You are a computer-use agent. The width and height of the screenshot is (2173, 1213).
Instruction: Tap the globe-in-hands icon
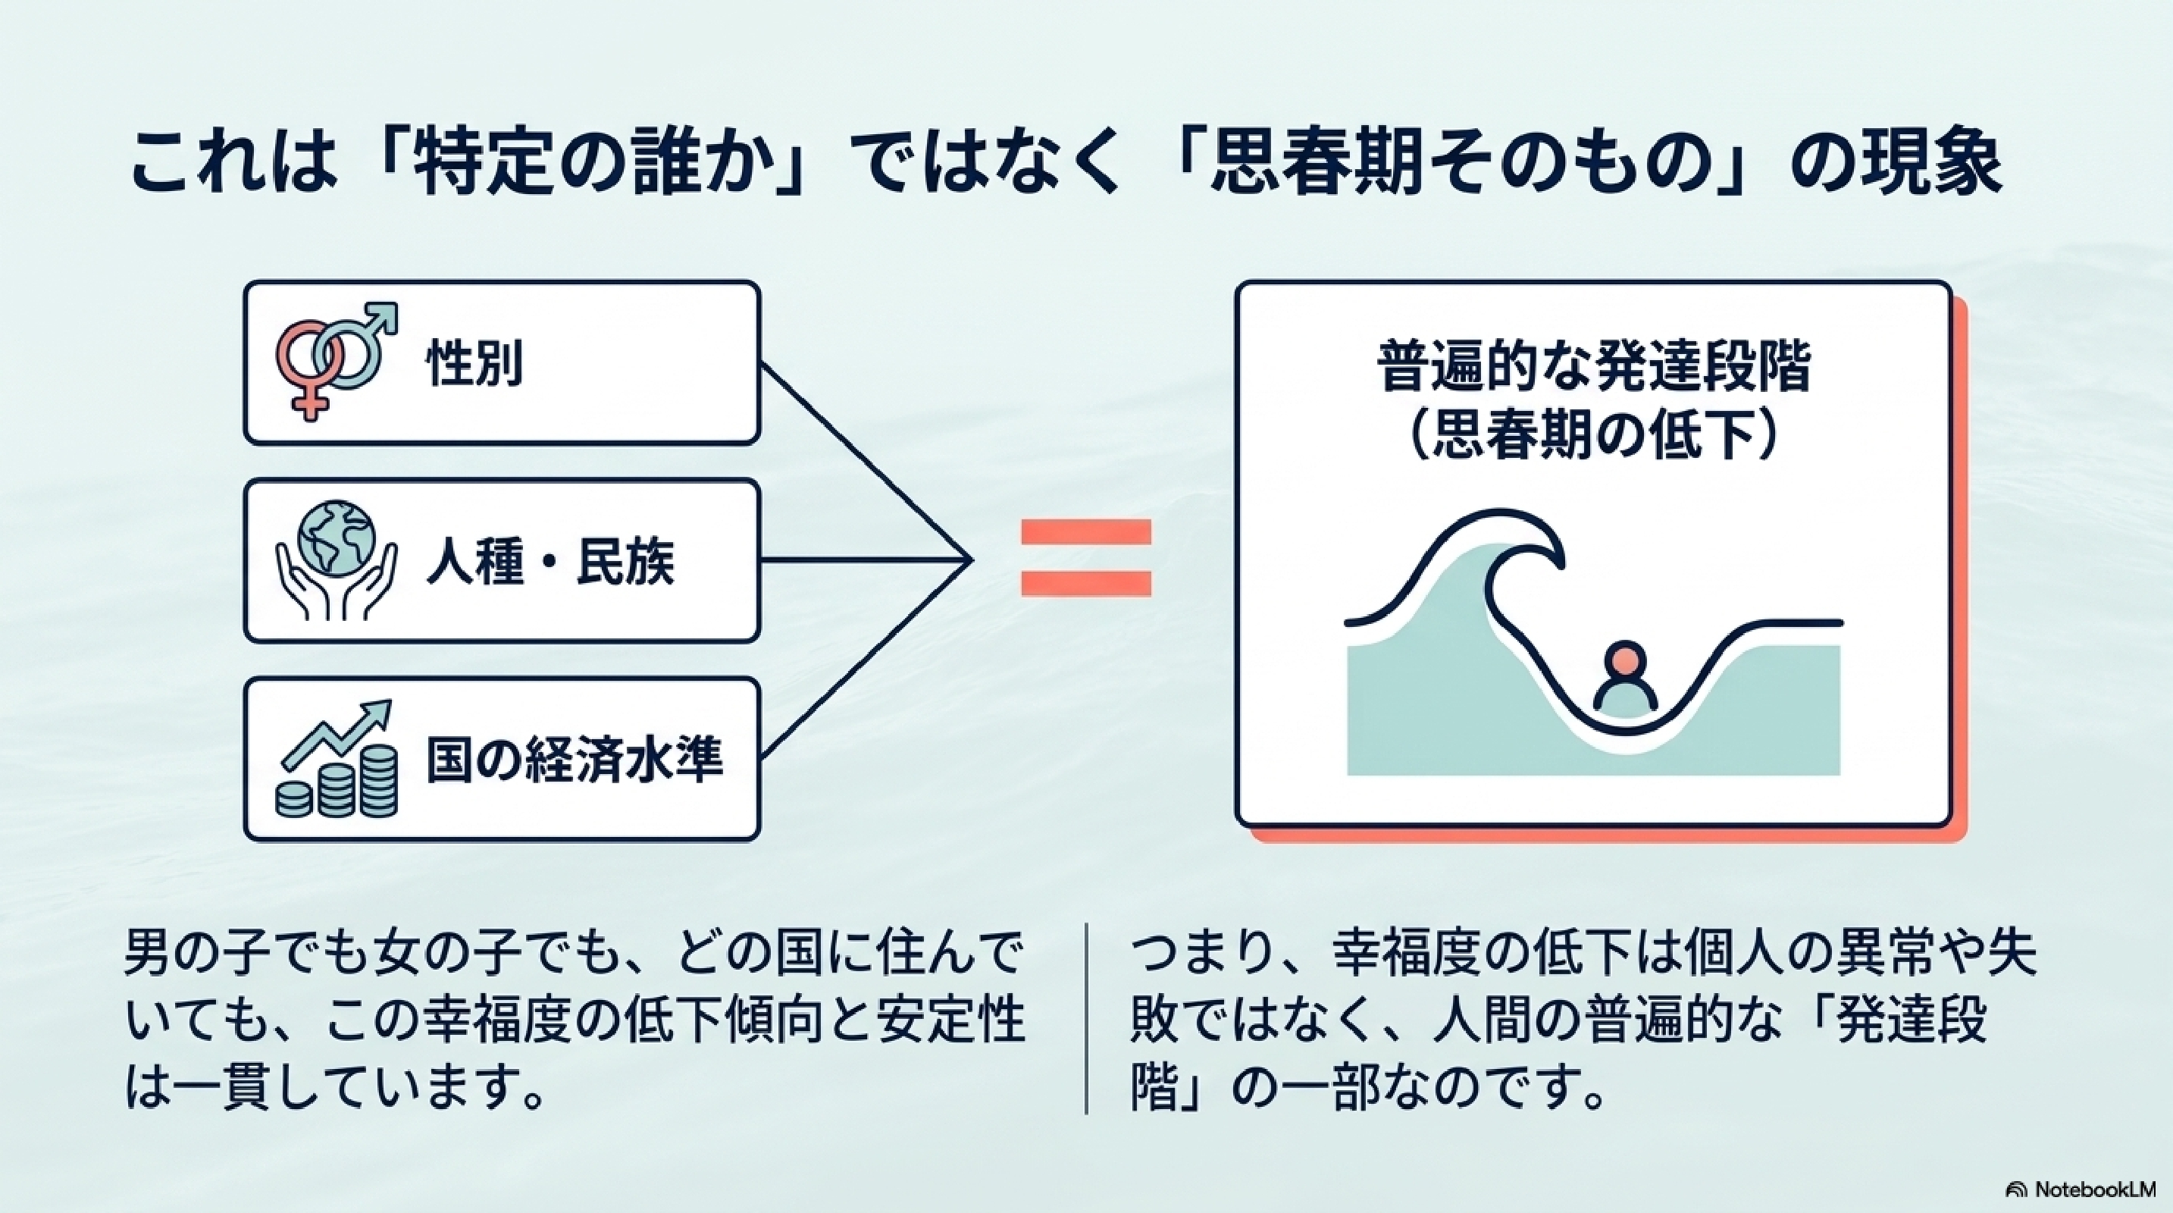[337, 560]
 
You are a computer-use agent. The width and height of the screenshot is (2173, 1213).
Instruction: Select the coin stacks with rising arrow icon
[337, 759]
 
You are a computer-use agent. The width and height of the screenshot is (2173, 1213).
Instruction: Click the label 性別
[475, 364]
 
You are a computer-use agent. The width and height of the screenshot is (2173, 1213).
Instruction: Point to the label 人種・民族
[550, 562]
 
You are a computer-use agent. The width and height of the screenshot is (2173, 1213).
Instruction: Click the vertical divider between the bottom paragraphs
[1087, 1018]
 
